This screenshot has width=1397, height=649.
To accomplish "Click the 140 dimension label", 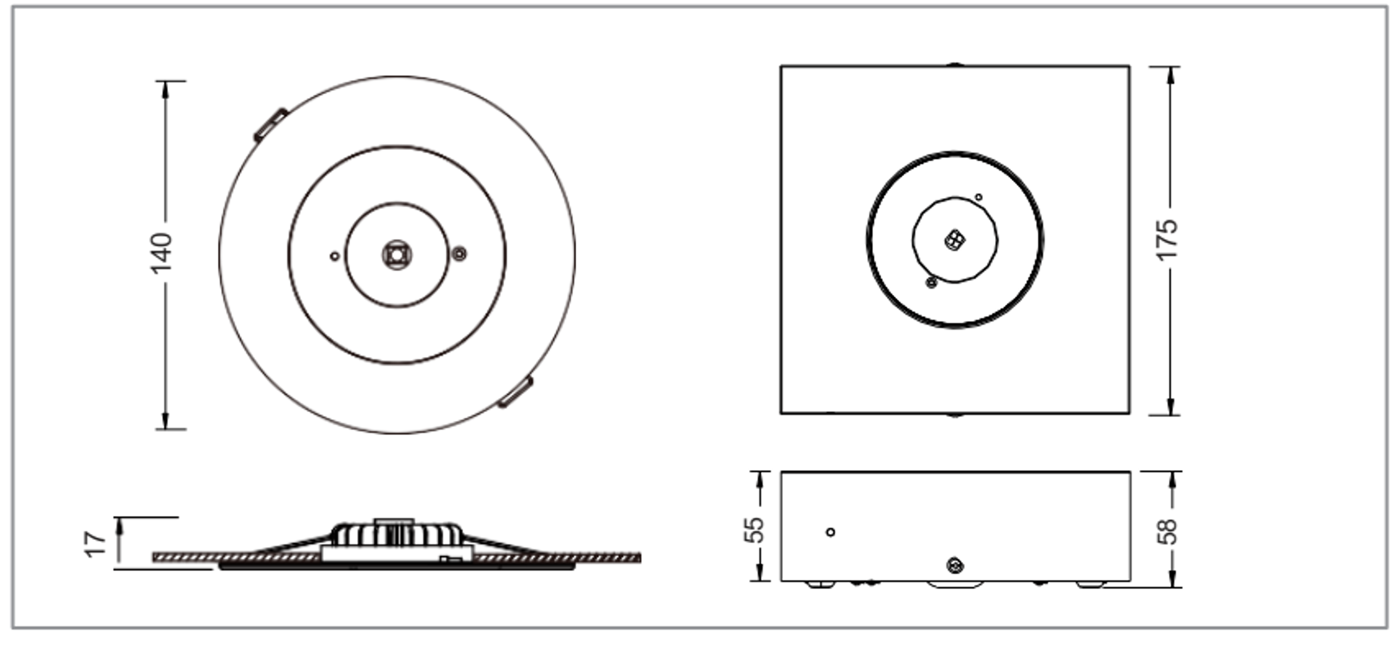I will (x=162, y=253).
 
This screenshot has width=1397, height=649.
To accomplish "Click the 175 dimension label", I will (x=1167, y=240).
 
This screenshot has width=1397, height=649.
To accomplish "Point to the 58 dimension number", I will (x=1167, y=531).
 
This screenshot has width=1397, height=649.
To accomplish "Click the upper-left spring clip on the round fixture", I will (x=271, y=124).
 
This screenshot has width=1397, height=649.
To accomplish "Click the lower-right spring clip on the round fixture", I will (x=515, y=392).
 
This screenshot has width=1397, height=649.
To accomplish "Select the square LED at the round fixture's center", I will (x=397, y=255).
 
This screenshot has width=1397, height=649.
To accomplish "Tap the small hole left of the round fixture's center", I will (x=335, y=256).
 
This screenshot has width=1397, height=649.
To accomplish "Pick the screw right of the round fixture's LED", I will (x=460, y=254).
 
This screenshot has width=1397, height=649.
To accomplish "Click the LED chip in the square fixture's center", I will (x=954, y=239).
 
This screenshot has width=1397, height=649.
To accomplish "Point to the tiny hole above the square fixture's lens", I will (x=978, y=197).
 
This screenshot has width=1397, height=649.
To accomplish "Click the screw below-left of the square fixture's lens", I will (x=932, y=283).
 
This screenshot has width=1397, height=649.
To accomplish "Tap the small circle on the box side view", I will (x=830, y=532).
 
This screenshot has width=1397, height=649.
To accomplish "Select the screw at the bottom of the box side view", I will (x=954, y=566).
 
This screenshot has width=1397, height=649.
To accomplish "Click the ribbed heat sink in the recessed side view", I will (x=397, y=535).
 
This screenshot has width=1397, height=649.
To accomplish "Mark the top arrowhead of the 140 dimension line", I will (x=165, y=91).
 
